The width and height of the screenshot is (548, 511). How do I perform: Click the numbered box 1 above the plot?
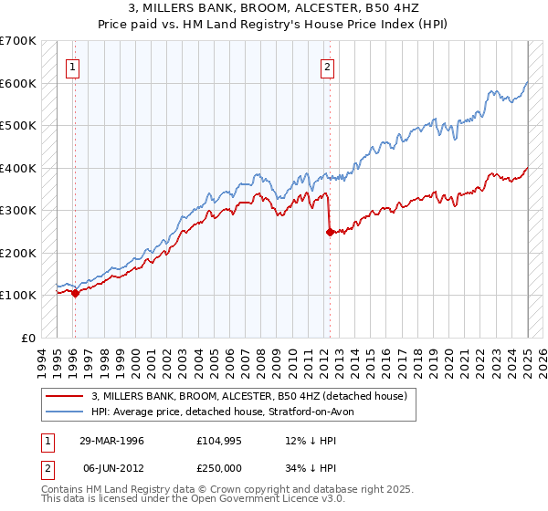coord(71,66)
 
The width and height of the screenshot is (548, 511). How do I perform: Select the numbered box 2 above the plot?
coord(327,66)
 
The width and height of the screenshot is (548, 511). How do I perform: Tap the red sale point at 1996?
coord(75,293)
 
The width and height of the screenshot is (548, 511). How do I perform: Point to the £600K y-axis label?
coord(18,83)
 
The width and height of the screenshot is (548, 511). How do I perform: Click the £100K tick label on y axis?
coord(18,295)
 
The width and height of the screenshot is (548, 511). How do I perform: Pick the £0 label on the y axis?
coord(27,338)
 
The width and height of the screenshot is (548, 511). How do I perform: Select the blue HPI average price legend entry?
coord(227,412)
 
